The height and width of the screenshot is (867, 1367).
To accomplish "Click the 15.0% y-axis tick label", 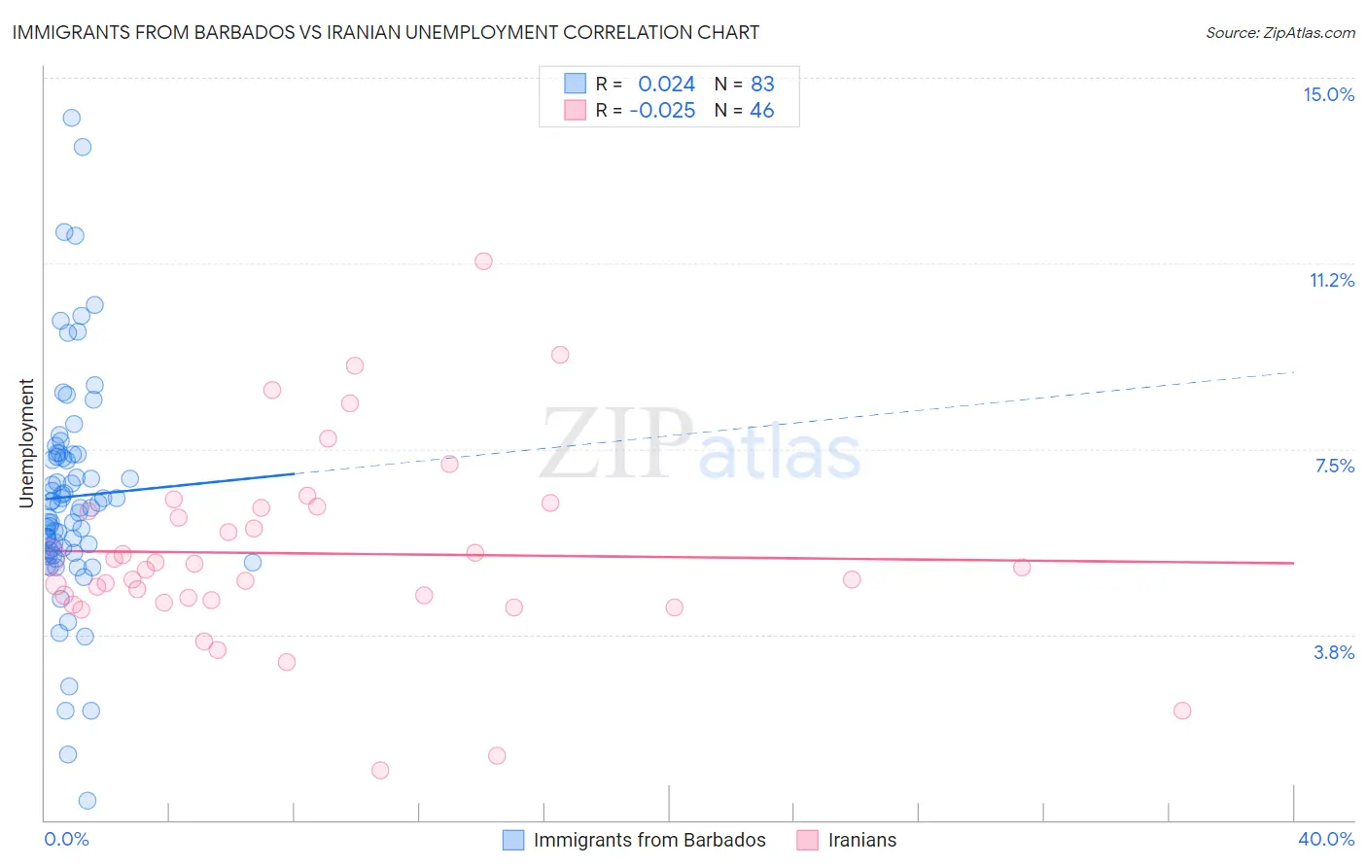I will [x=1328, y=94].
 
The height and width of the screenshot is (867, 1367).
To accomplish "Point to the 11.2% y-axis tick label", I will [x=1331, y=280].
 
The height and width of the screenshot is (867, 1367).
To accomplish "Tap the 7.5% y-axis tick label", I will [x=1334, y=466].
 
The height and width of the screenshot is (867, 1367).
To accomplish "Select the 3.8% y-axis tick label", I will [x=1334, y=652].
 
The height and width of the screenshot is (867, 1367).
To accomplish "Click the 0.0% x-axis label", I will [x=66, y=839].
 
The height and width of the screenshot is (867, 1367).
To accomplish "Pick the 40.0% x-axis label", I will [x=1325, y=839].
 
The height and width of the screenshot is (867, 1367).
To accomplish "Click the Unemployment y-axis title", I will [x=26, y=443].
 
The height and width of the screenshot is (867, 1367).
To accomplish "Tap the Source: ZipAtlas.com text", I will [x=1279, y=33].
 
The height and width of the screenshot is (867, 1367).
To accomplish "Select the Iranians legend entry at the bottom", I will [x=861, y=840].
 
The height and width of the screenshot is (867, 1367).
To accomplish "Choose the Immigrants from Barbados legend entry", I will [x=649, y=840].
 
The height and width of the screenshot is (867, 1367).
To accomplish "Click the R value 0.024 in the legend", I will [x=666, y=84].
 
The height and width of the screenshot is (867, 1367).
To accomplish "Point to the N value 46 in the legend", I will [x=761, y=111].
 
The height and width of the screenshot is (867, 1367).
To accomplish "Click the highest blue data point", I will [x=71, y=118].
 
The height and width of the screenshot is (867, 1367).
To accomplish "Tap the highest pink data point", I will [x=483, y=260].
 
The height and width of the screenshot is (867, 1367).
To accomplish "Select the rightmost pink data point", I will [x=1182, y=711].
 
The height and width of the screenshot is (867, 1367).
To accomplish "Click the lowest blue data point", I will [x=87, y=801].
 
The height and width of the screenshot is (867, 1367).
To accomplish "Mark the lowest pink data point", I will [x=380, y=770].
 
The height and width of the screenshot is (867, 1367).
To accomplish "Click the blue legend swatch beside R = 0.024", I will [x=575, y=84].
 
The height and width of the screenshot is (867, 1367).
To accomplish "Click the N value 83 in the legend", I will [x=762, y=84].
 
